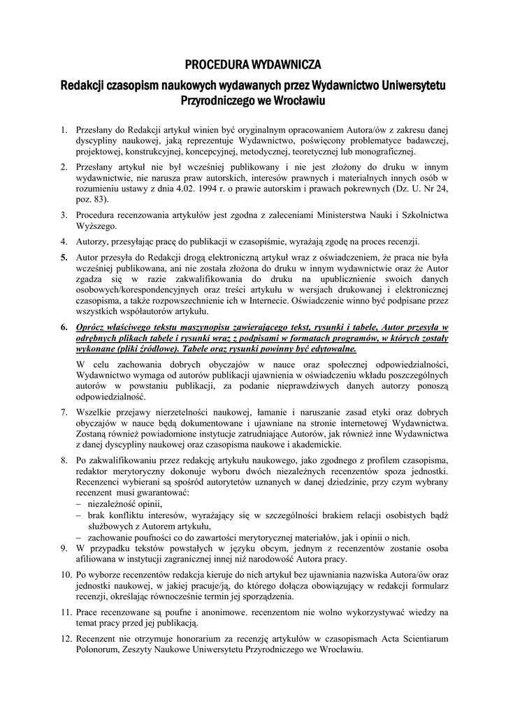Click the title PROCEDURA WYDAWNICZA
(252, 66)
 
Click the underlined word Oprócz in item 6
(92, 327)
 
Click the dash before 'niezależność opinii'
(79, 504)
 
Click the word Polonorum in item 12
(100, 649)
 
